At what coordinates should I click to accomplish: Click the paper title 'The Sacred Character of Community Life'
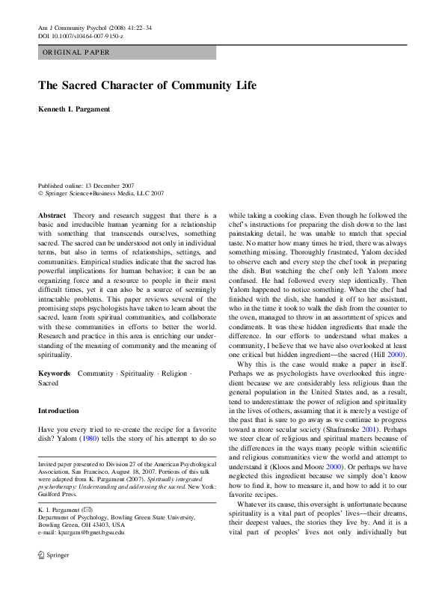(x=147, y=85)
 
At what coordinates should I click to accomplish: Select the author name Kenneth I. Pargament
(x=74, y=110)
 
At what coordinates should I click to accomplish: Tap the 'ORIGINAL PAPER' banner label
(x=76, y=52)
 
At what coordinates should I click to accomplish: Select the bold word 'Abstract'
(x=52, y=215)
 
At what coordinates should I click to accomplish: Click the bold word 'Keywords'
(x=54, y=373)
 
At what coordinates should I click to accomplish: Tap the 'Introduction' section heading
(x=58, y=411)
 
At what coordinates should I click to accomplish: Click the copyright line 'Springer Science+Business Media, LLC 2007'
(x=105, y=193)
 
